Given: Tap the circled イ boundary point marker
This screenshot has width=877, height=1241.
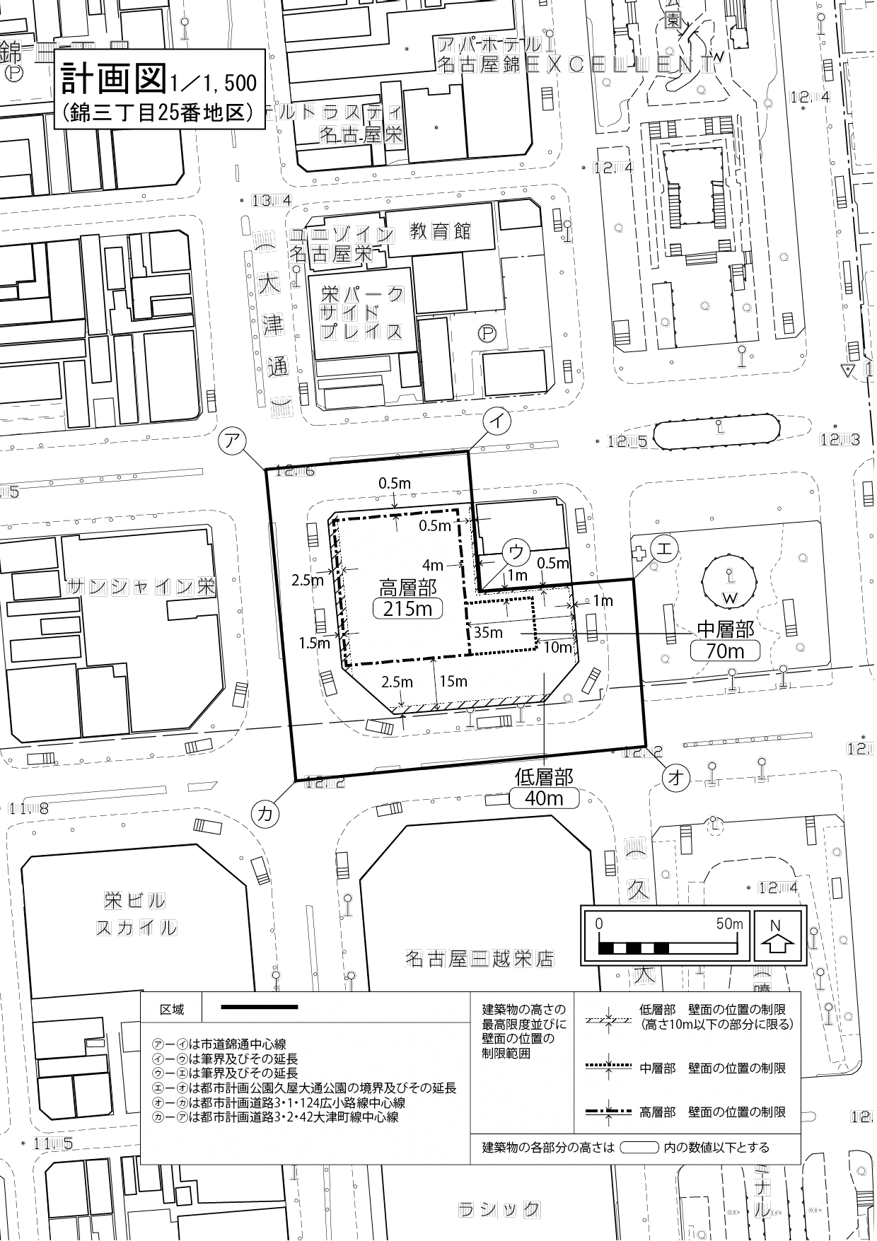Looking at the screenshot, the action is [497, 421].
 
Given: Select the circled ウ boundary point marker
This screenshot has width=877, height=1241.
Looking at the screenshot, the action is [516, 552].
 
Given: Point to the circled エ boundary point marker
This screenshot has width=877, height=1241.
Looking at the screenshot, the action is [664, 548].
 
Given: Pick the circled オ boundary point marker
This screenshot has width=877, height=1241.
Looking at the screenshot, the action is [675, 778].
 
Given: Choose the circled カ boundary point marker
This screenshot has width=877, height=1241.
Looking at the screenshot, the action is [265, 813].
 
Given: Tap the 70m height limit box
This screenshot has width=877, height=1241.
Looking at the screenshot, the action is [726, 651].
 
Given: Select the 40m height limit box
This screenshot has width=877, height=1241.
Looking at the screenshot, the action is [544, 798].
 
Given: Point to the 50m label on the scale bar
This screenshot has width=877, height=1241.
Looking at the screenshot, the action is [728, 924].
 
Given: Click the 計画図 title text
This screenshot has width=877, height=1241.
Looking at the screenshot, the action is [114, 78].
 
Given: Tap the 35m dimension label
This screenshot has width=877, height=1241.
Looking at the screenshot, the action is [488, 631].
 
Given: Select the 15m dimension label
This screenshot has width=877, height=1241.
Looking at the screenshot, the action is [453, 681].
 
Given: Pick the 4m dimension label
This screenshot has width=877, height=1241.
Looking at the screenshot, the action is [432, 566].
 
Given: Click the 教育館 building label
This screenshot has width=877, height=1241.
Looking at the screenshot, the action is [440, 231].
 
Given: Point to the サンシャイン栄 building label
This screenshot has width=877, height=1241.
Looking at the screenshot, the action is [141, 586].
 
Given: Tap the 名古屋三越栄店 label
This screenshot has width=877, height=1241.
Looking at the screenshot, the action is [480, 960].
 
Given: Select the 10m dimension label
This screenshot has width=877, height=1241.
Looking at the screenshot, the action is [557, 647].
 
